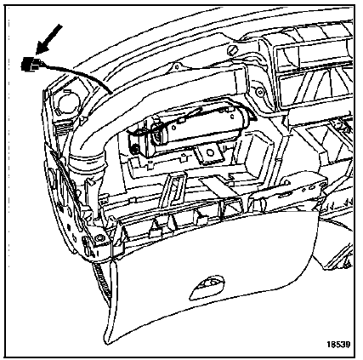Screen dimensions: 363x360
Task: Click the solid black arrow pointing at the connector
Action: pos(49,39)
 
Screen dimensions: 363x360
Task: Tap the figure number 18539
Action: pos(338,344)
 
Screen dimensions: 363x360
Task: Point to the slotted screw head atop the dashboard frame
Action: pos(233,51)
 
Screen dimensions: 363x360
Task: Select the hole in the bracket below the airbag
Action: pos(210,152)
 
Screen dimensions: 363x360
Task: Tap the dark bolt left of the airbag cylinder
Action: pos(136,148)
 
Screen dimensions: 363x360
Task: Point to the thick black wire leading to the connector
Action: pos(77,74)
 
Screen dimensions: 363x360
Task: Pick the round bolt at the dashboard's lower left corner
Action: pos(99,237)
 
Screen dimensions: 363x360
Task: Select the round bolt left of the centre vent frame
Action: pos(259,92)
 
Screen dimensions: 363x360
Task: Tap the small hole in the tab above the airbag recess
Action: pos(177,67)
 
